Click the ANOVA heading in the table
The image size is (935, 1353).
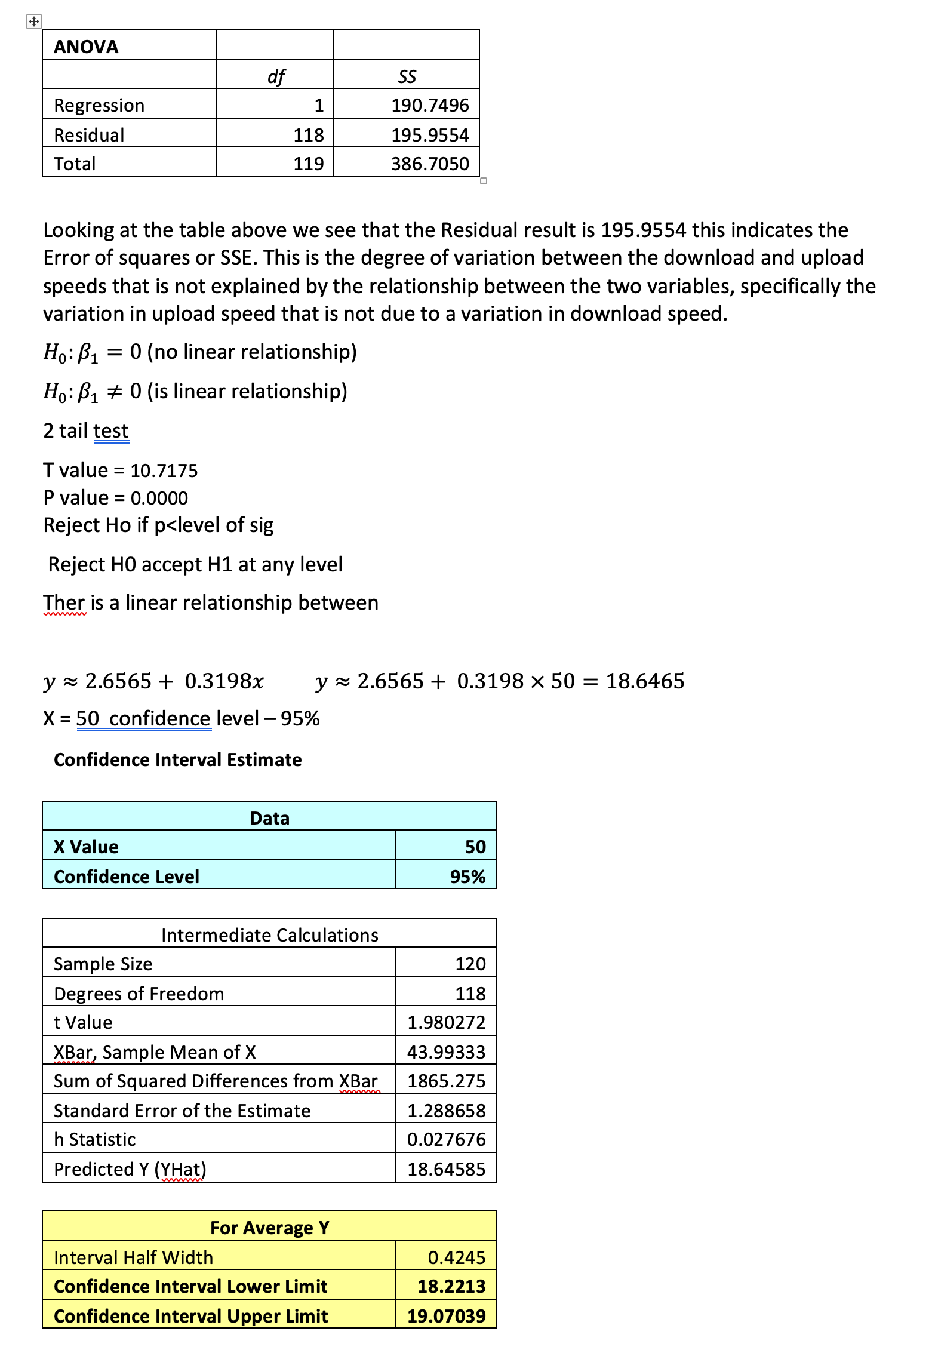click(x=86, y=47)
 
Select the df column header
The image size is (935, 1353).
click(x=276, y=76)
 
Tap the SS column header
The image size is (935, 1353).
click(x=407, y=76)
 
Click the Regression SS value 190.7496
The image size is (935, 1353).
click(x=430, y=105)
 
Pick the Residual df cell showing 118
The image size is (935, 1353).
click(x=308, y=135)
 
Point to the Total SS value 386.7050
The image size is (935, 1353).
click(x=430, y=164)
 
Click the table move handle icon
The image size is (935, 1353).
click(x=33, y=22)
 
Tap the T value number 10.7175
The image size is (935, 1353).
click(x=164, y=471)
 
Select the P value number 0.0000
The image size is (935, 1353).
click(x=159, y=498)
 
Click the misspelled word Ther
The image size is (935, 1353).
click(x=64, y=603)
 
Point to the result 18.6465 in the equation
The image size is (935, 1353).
click(x=645, y=681)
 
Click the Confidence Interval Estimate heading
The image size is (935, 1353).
click(x=178, y=759)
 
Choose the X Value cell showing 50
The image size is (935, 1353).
click(x=475, y=847)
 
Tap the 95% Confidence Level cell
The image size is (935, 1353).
click(x=467, y=877)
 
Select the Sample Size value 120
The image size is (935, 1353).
click(x=470, y=964)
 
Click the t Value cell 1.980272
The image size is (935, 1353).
click(x=447, y=1022)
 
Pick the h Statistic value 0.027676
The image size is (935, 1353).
click(x=447, y=1139)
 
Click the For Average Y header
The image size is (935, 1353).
click(x=270, y=1228)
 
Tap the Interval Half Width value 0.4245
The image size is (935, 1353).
click(x=457, y=1257)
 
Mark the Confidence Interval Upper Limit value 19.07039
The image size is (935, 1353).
click(x=447, y=1316)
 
